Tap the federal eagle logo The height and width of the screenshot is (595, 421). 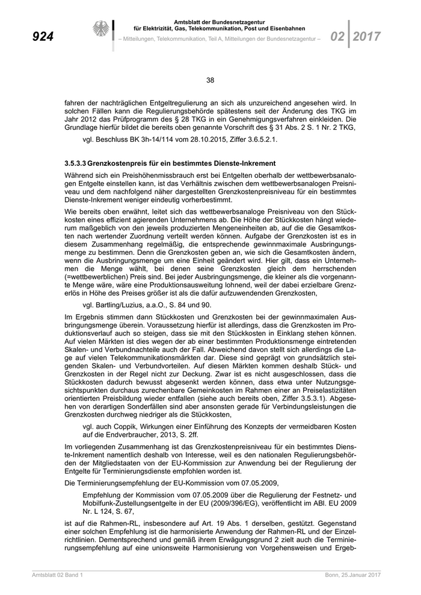click(100, 30)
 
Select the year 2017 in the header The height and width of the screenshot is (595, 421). click(367, 37)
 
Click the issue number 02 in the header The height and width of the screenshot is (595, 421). click(337, 37)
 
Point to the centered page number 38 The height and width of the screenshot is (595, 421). click(210, 81)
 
